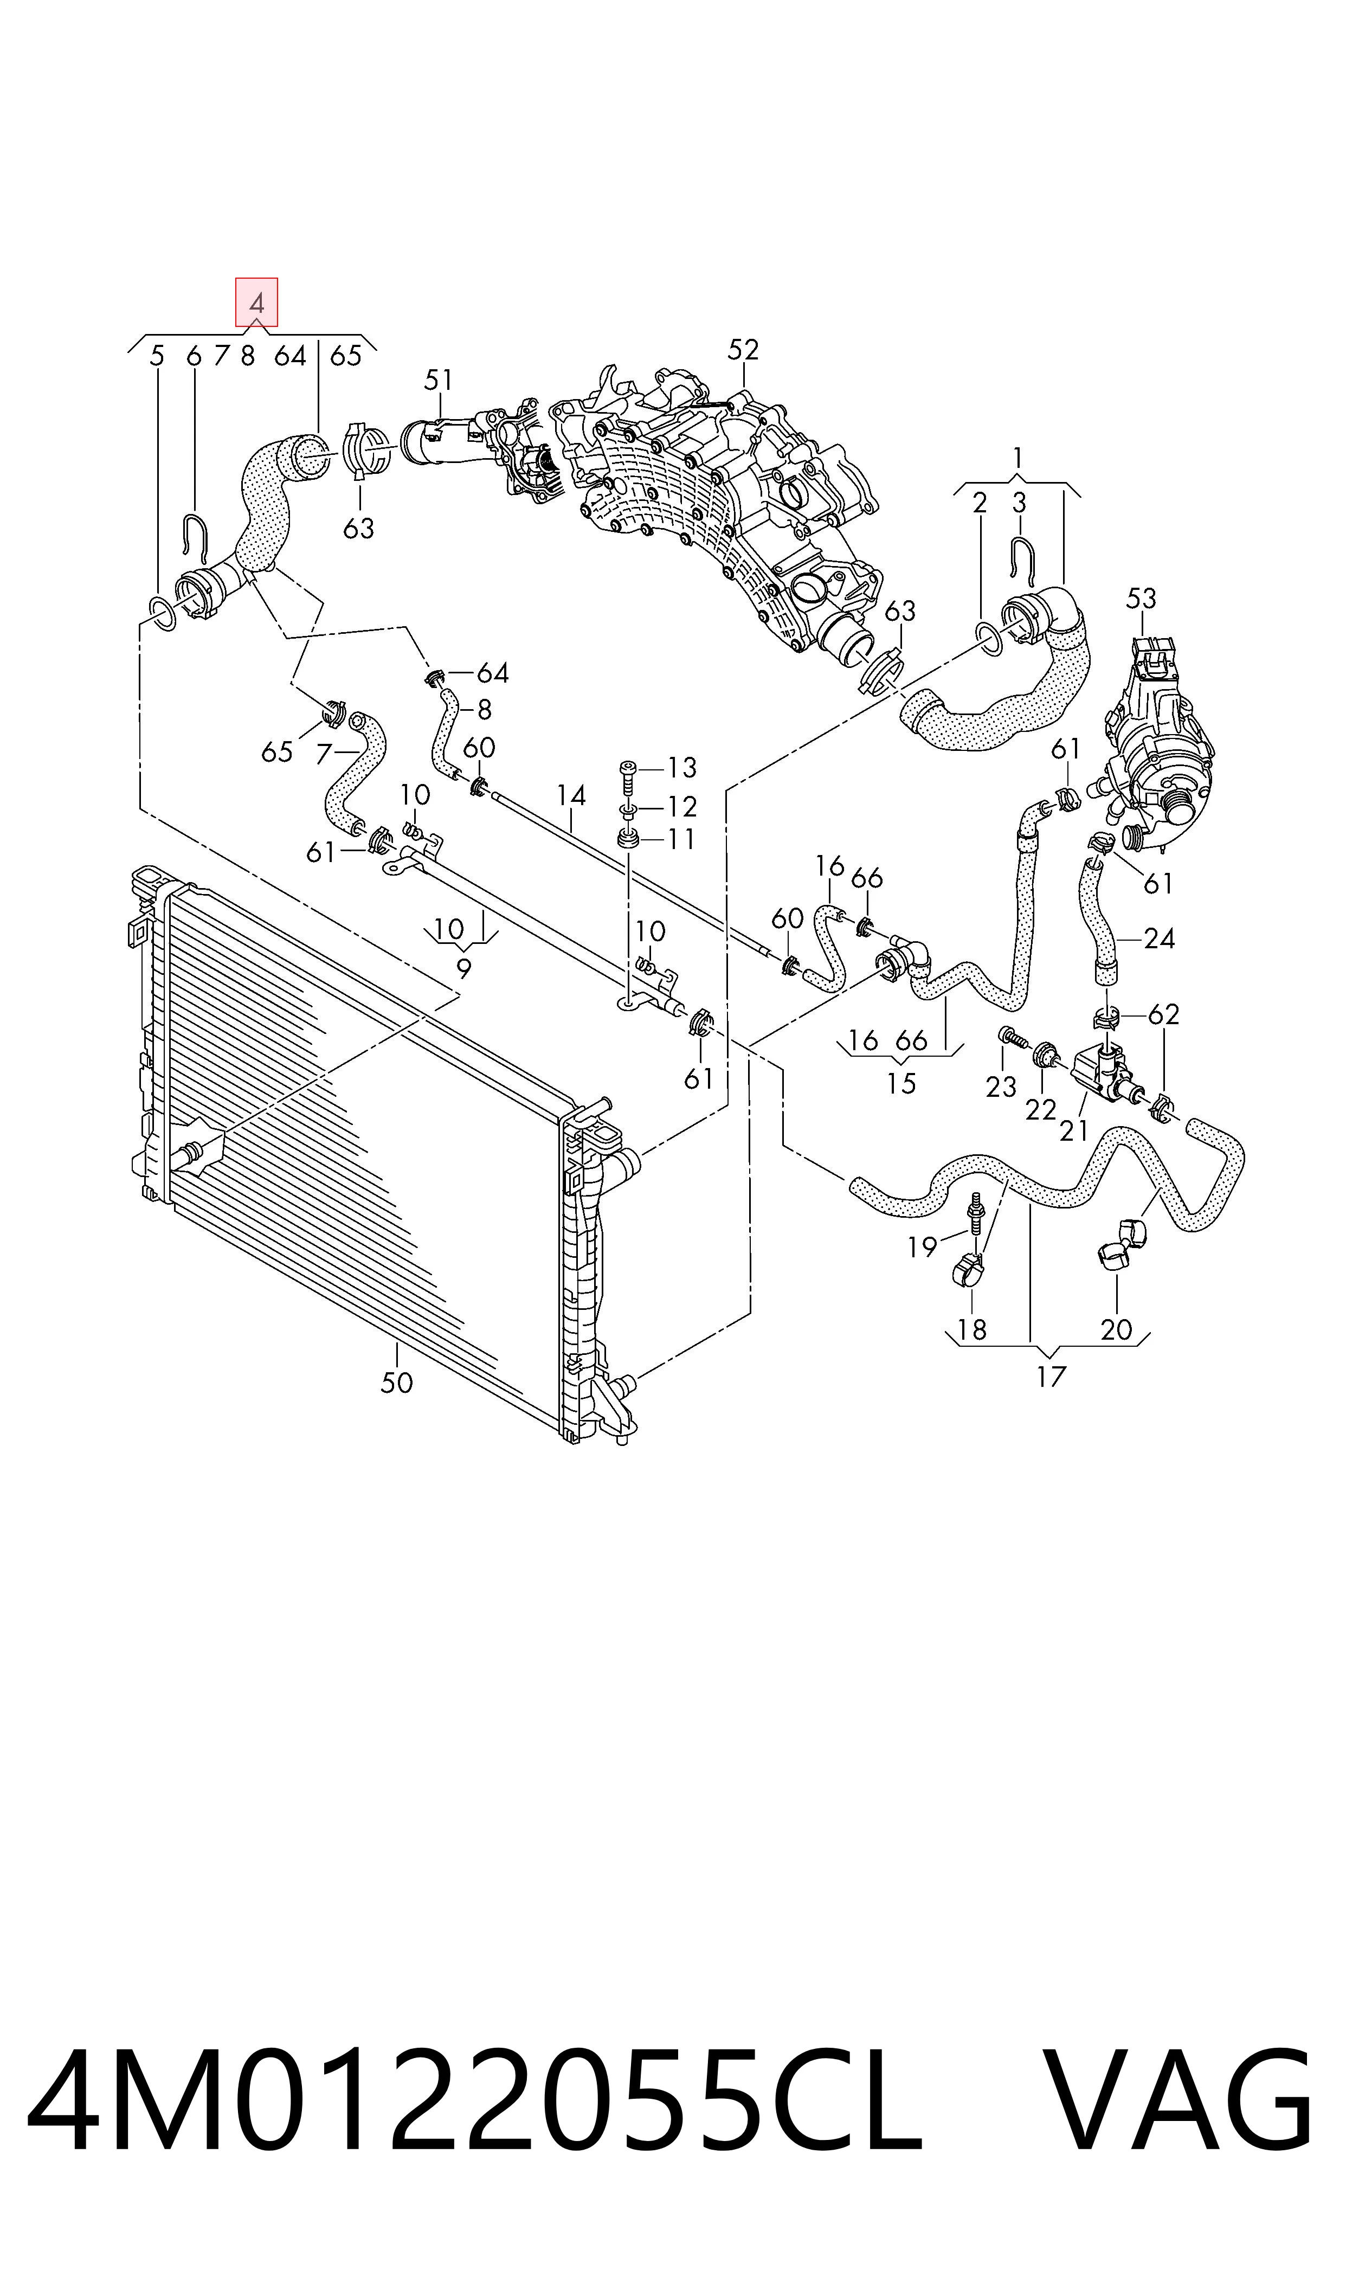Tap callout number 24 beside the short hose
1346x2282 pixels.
[1159, 938]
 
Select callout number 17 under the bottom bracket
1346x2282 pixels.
[1051, 1377]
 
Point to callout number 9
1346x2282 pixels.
[463, 969]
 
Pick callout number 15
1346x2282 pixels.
[900, 1083]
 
